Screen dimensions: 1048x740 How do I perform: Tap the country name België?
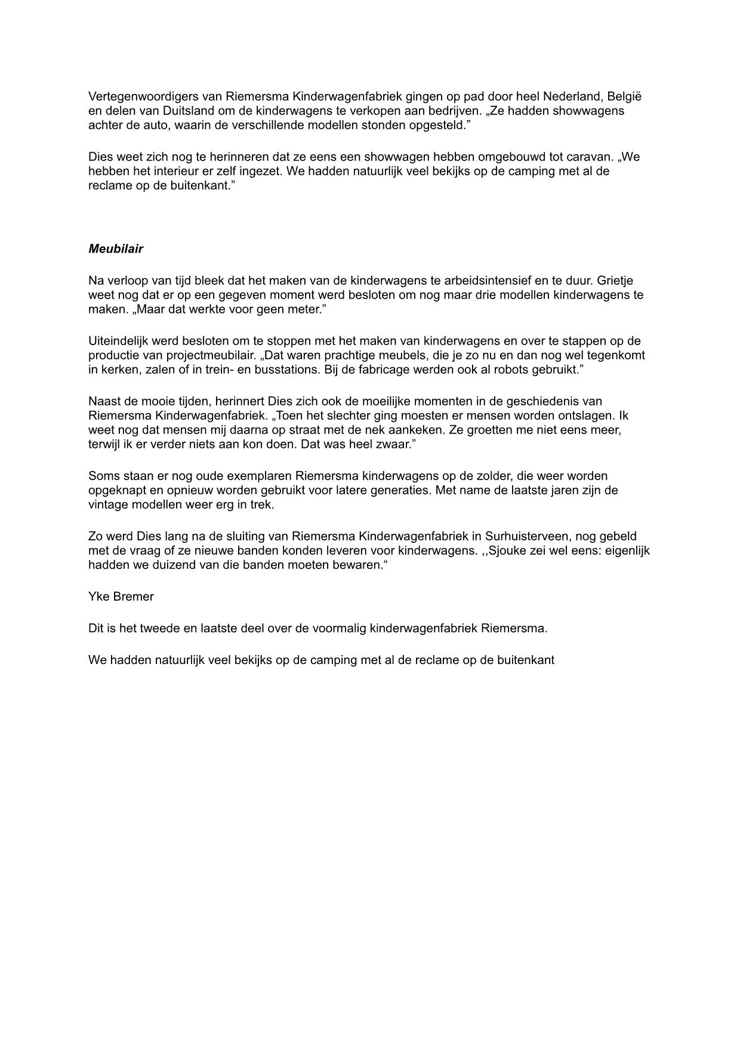(x=624, y=97)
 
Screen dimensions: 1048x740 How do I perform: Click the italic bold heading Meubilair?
(x=116, y=249)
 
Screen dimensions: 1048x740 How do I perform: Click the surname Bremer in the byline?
(x=134, y=597)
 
